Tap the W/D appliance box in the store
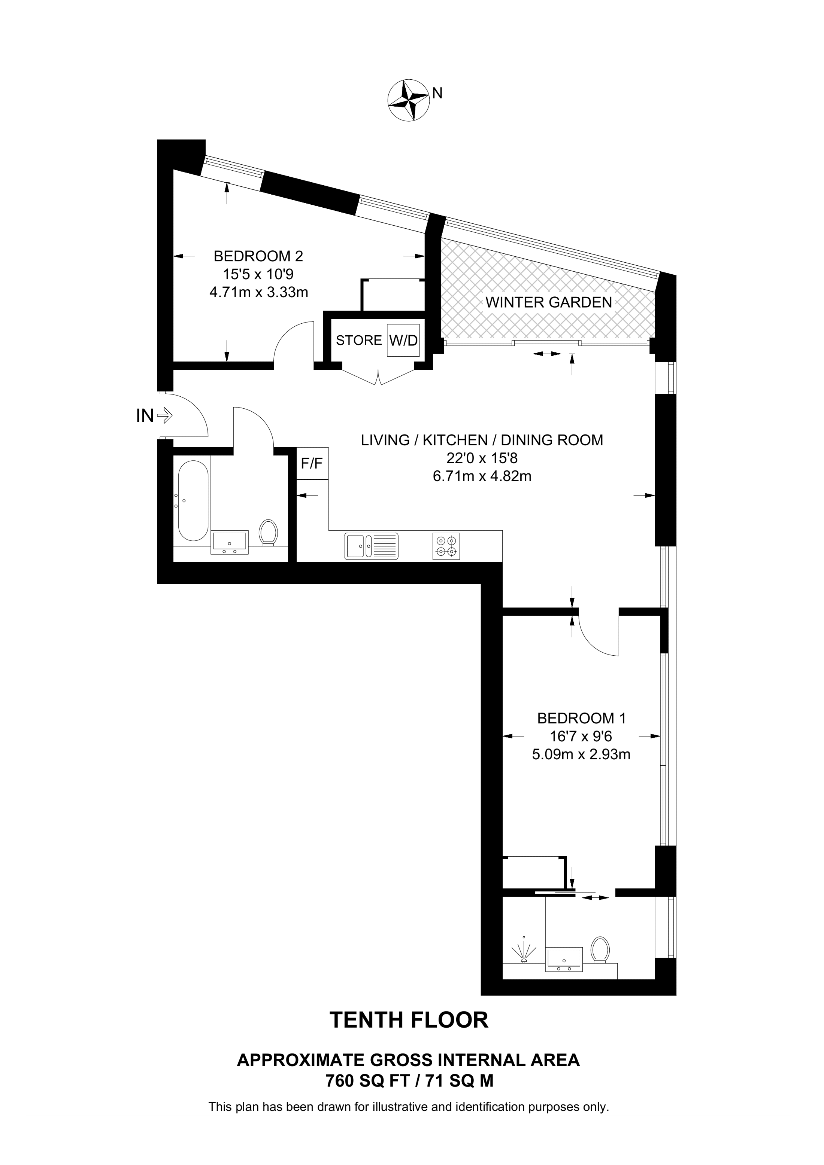click(404, 340)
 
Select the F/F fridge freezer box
click(312, 463)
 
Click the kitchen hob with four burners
click(446, 546)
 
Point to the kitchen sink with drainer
click(371, 546)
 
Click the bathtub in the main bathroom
click(193, 500)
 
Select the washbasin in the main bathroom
click(230, 542)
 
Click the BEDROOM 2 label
click(258, 256)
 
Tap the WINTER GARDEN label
click(548, 302)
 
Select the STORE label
click(358, 340)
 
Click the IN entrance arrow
click(164, 416)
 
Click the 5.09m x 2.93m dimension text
click(581, 754)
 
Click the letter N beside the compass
click(437, 93)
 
